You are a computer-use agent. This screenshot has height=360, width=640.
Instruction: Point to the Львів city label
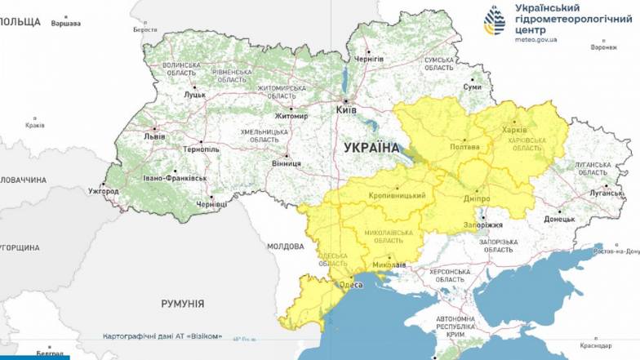point(153,136)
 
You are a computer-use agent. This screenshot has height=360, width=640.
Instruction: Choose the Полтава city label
point(465,147)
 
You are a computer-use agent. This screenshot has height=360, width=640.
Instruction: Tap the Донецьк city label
point(560,219)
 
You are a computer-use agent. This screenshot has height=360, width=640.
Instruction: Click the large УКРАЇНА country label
point(371,148)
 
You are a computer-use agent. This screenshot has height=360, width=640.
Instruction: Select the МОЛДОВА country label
point(286,246)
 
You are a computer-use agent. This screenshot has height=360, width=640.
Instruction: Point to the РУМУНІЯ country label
point(183,303)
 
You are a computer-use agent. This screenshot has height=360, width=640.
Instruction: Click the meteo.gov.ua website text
point(539,38)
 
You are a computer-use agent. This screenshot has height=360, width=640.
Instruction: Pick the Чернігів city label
point(369,60)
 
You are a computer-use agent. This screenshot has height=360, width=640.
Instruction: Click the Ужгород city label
point(104,191)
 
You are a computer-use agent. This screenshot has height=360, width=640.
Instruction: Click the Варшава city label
point(66,23)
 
